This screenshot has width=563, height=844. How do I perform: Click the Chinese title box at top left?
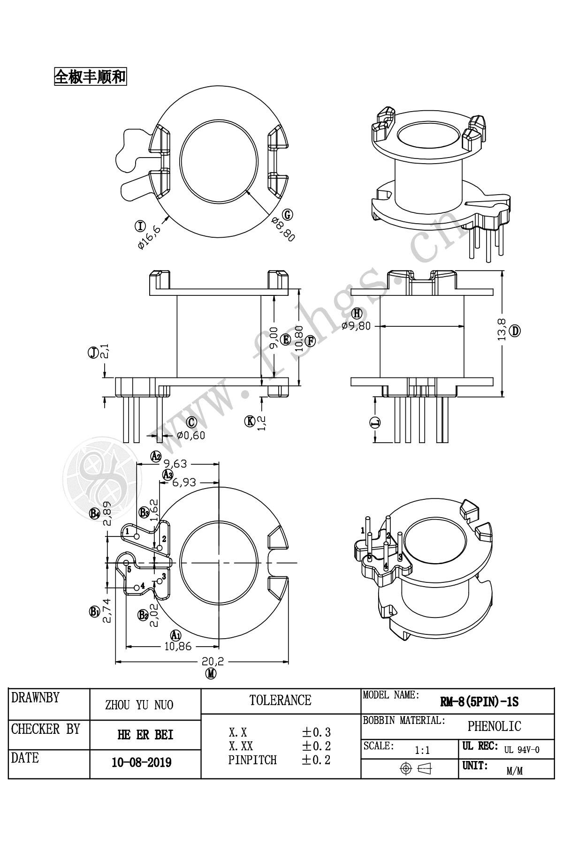[x=91, y=76]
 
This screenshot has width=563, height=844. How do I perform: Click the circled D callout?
[x=515, y=331]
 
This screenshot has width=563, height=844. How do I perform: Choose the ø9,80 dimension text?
[x=356, y=326]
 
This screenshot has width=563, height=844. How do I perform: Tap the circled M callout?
[x=212, y=674]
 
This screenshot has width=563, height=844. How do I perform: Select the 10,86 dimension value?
[x=178, y=646]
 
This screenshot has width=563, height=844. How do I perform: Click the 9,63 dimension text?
[x=176, y=464]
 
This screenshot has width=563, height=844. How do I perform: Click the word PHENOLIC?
[x=494, y=726]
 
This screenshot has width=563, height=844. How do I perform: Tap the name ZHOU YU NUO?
[x=139, y=705]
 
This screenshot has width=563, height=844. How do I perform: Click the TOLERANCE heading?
[x=280, y=701]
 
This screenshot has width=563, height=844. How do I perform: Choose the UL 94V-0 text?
[x=522, y=750]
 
